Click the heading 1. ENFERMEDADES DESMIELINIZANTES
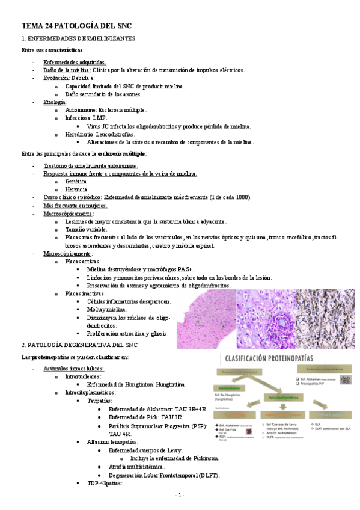[82, 38]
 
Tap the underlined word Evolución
[56, 78]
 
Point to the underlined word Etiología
[55, 102]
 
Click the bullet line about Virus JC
[169, 126]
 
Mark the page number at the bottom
[180, 496]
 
